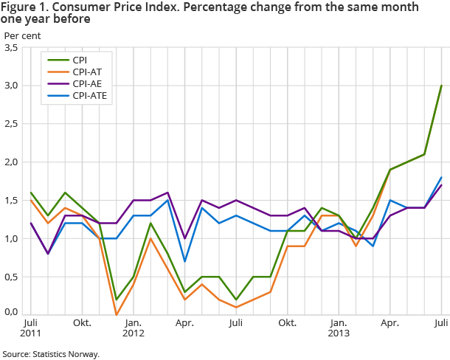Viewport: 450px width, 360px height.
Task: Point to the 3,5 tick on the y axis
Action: click(11, 47)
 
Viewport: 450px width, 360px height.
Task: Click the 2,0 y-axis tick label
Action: click(11, 162)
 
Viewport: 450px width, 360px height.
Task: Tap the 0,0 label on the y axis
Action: click(11, 312)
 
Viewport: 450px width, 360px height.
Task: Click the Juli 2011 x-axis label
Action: click(30, 328)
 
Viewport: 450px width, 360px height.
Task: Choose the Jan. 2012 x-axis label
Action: click(133, 328)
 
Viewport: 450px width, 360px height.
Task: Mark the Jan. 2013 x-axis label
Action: click(339, 328)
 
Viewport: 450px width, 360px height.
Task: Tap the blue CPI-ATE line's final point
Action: click(441, 177)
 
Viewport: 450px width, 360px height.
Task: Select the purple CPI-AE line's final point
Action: click(441, 185)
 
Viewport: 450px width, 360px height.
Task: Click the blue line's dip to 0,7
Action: click(184, 261)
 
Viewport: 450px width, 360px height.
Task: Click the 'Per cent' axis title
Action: click(21, 35)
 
